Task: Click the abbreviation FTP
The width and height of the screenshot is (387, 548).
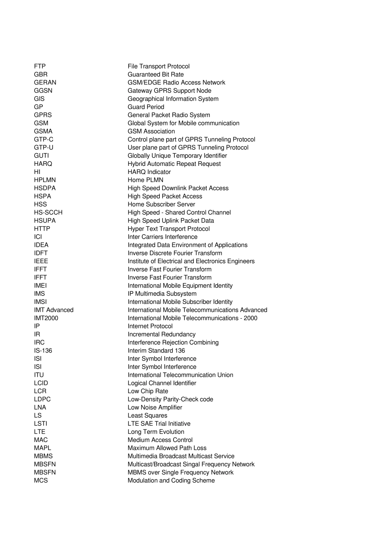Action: coord(40,66)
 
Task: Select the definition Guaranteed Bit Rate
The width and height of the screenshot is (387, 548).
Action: coord(156,75)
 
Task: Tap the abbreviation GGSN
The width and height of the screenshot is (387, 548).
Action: coord(43,91)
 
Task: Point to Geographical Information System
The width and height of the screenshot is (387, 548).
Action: coord(173,99)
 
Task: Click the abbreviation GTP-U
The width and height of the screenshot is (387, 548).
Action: coord(44,147)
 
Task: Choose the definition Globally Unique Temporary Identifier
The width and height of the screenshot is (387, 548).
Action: coord(177,156)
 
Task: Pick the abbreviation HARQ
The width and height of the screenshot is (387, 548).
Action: coord(43,164)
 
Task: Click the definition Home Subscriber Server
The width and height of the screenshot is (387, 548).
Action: coord(161,205)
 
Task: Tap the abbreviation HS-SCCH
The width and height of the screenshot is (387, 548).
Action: coord(48,213)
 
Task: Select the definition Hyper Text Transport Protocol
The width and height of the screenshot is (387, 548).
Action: coord(169,229)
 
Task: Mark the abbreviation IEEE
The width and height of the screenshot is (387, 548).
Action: coord(41,261)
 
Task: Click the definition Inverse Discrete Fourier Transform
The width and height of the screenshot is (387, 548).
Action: coord(175,253)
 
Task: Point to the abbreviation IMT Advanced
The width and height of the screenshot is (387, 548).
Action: coord(54,310)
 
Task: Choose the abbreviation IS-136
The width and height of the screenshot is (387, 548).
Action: coord(43,351)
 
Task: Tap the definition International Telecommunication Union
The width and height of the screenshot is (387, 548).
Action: coord(180,375)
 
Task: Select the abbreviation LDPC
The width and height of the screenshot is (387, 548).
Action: coord(42,399)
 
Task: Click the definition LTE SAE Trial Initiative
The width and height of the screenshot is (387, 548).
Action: coord(159,424)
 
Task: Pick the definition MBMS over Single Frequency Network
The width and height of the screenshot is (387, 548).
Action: coord(180,473)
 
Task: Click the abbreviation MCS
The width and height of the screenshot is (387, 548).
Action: coord(41,481)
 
